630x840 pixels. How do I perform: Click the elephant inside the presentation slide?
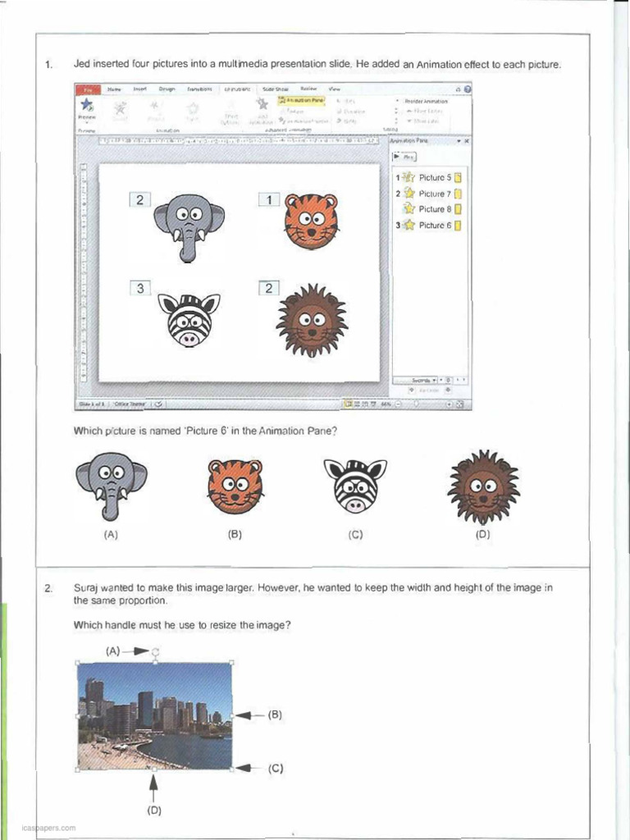[x=189, y=224]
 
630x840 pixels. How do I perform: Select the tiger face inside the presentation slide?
[x=311, y=220]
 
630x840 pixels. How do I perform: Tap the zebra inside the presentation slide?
[x=189, y=319]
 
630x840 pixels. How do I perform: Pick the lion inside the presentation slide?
[x=312, y=320]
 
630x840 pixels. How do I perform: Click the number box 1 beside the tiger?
[x=270, y=199]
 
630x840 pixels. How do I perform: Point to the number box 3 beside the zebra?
[x=140, y=288]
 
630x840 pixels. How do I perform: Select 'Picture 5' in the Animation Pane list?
[x=435, y=177]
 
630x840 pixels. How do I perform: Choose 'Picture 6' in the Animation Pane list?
[x=435, y=225]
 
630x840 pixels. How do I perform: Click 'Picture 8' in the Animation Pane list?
[x=435, y=209]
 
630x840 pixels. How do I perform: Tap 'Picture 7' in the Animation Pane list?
[x=435, y=194]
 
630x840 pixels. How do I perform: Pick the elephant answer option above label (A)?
[x=112, y=484]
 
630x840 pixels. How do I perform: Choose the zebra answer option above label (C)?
[x=355, y=485]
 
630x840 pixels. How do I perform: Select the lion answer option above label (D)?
[x=483, y=486]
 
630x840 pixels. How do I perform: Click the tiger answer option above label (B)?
[x=235, y=486]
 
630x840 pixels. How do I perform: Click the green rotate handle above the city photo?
[x=155, y=651]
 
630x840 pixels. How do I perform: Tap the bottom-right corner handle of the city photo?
[x=231, y=769]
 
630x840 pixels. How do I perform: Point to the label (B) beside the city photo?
[x=275, y=714]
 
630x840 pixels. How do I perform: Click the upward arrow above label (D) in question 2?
[x=153, y=787]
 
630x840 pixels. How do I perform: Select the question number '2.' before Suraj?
[x=49, y=588]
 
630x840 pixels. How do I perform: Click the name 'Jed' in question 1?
[x=81, y=63]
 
